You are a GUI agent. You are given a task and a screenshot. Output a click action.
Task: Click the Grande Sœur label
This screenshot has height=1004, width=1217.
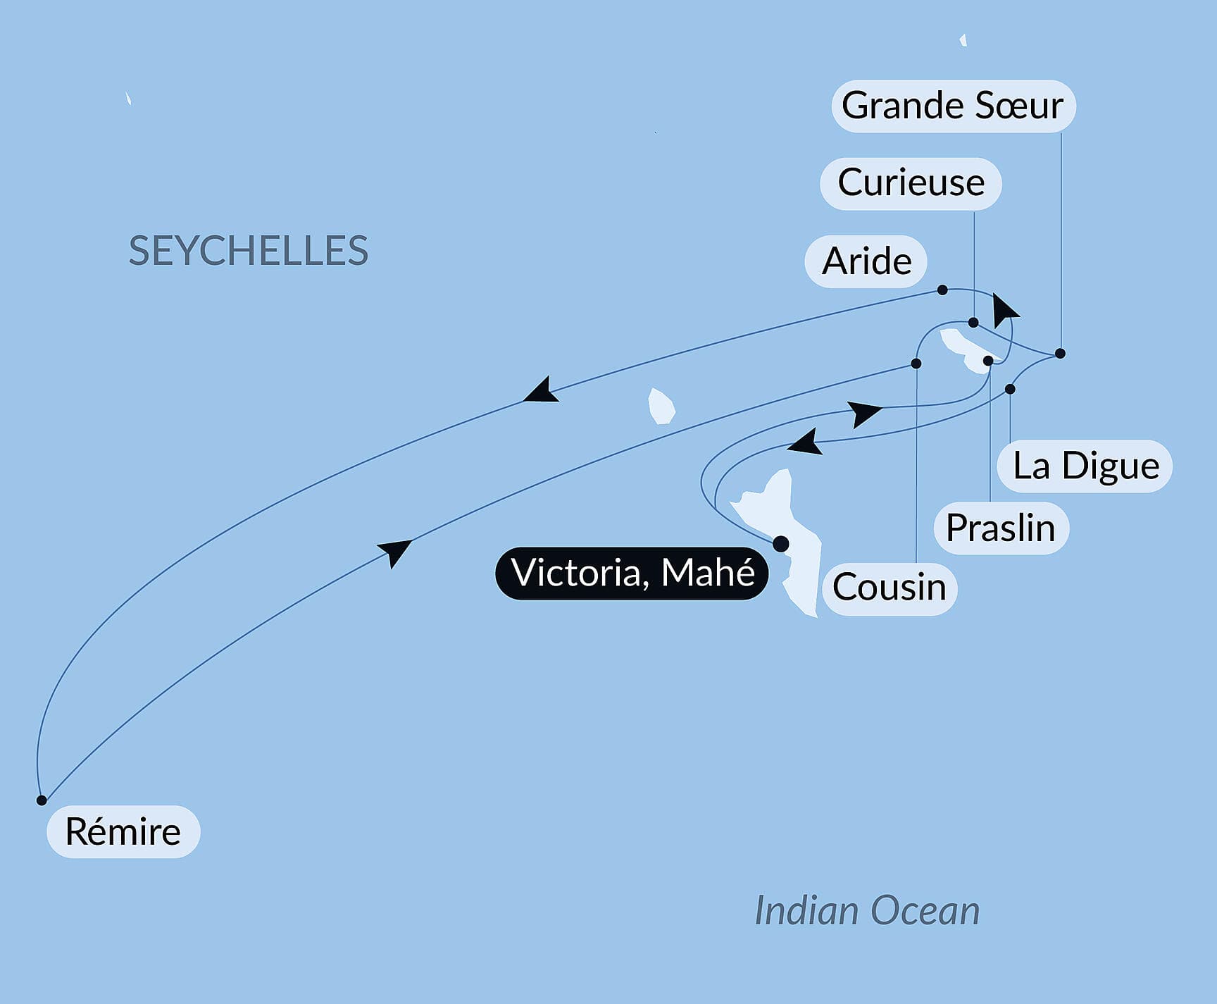[x=953, y=106]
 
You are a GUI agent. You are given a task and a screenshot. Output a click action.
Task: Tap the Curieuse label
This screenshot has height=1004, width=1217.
[x=911, y=183]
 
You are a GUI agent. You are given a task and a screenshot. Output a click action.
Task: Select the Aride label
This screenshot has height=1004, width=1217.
[x=866, y=261]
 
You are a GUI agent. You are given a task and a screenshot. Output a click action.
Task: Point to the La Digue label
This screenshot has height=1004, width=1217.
[x=1085, y=466]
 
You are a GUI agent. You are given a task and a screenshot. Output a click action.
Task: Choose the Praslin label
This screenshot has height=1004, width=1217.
[x=1001, y=528]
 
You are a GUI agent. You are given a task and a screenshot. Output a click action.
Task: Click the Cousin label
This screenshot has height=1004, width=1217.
[x=889, y=588]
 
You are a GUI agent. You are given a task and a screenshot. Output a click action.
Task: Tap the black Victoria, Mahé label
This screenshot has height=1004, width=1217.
[x=632, y=573]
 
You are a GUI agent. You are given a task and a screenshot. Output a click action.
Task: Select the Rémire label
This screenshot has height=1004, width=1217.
[x=123, y=831]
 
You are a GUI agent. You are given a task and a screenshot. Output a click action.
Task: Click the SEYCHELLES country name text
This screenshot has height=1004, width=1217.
[x=249, y=251]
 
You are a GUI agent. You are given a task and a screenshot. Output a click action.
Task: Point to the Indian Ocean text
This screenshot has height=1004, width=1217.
[x=867, y=911]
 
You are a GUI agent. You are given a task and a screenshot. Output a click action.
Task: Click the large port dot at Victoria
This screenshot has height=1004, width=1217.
[x=780, y=544]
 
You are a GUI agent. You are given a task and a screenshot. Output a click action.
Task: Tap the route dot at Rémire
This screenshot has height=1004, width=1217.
[x=42, y=800]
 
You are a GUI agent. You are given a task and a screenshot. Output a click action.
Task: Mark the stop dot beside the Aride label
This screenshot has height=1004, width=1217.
[x=942, y=290]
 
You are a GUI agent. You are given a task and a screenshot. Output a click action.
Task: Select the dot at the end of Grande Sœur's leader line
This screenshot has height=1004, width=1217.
[x=1060, y=354]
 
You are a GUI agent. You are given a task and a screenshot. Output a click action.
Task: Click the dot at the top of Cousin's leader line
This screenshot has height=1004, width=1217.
[x=916, y=364]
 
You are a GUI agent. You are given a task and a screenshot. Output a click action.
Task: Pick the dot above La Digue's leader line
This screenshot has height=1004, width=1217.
[x=1010, y=389]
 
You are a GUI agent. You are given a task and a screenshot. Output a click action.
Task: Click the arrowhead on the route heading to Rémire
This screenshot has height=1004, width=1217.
[x=542, y=391]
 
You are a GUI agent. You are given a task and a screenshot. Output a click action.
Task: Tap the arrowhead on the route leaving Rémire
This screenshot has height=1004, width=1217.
[x=395, y=551]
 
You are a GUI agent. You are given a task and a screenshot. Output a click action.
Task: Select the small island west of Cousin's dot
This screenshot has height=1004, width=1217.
[x=661, y=407]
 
